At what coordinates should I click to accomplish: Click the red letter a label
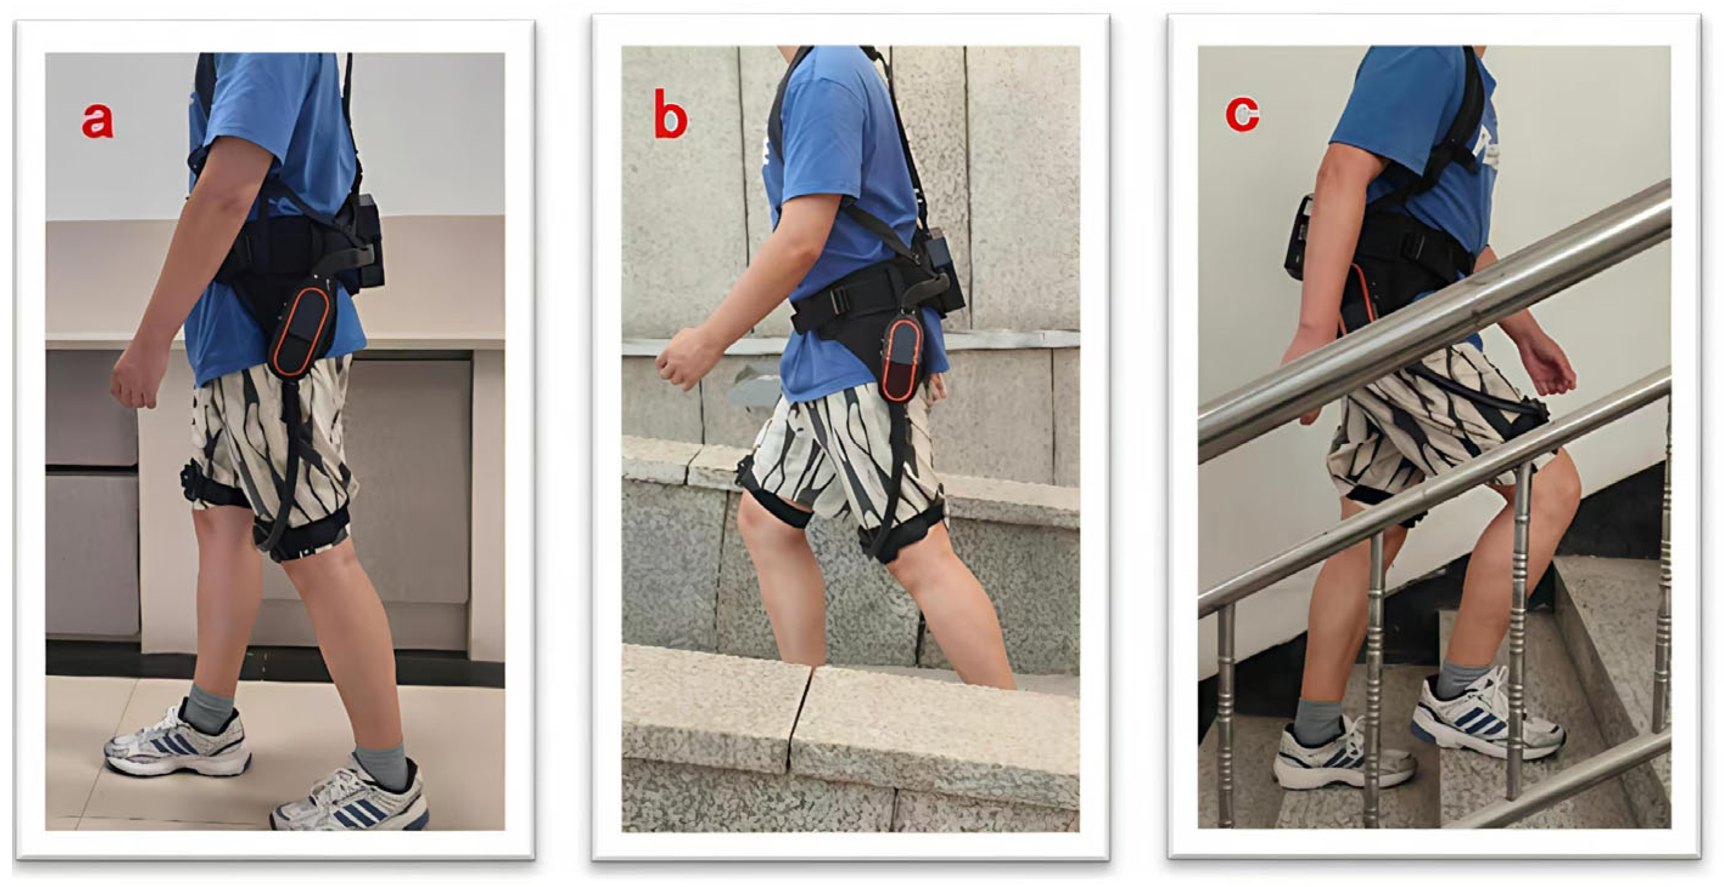coord(98,120)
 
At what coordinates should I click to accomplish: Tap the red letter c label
coord(1243,114)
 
